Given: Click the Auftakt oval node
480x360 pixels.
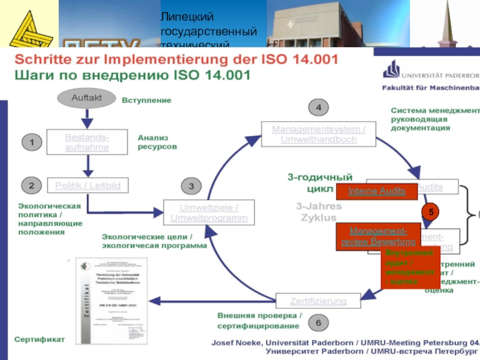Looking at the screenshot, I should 86,98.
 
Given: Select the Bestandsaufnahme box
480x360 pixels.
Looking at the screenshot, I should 87,142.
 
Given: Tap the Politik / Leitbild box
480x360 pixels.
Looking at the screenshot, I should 88,185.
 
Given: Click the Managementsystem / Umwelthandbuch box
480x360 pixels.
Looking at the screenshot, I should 319,134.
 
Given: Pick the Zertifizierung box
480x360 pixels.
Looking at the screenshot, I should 318,300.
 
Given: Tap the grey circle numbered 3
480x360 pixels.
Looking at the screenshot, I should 191,187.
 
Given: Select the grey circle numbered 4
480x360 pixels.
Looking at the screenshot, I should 319,107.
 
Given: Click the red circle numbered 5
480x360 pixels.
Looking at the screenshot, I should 430,212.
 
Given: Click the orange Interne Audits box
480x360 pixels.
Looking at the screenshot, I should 377,191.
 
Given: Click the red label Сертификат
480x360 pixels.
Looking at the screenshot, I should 39,339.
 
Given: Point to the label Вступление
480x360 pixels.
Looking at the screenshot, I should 146,100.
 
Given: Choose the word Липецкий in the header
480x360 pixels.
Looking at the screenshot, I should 187,18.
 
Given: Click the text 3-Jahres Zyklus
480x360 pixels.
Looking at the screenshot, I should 319,212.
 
